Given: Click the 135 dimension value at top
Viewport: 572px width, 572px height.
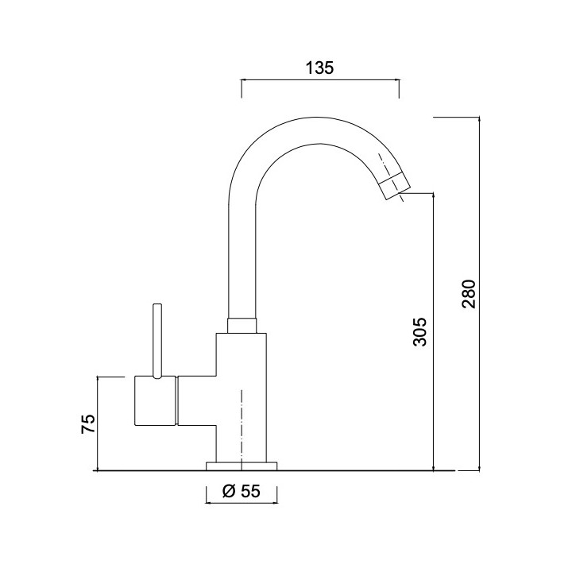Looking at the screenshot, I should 319,68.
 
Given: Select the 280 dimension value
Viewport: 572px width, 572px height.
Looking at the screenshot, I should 468,293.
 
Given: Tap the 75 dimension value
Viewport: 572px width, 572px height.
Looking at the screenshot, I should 88,423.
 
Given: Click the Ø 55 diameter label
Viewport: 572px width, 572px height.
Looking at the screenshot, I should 242,492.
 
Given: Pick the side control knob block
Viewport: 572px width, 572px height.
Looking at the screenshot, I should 155,402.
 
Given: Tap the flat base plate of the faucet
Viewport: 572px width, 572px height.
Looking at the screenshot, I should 242,466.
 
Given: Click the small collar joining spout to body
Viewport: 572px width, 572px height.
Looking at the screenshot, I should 242,325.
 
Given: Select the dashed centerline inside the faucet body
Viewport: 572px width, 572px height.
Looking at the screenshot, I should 242,425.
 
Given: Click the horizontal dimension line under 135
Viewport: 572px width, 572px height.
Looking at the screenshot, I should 319,80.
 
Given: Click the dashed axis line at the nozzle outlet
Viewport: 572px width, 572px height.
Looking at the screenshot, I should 402,198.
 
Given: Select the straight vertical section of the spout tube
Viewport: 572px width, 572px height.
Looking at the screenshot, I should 242,254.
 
